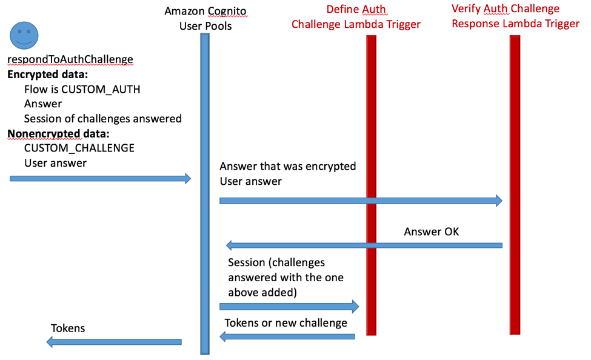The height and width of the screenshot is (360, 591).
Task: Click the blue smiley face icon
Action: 23,36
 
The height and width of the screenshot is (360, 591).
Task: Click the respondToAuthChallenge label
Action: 70,59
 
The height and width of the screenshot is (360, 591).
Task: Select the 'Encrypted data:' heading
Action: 47,75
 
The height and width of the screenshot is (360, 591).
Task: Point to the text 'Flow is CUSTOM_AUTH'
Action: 82,89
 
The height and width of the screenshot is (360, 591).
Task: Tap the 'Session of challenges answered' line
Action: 102,119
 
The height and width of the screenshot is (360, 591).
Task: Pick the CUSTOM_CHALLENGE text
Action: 79,148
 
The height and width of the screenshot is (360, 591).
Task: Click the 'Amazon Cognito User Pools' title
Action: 205,18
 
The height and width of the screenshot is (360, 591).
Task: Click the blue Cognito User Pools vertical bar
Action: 205,194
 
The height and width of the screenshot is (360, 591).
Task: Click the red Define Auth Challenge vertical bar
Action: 372,182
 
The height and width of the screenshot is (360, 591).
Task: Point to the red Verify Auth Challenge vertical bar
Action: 515,182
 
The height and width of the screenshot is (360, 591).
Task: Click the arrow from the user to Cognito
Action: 100,178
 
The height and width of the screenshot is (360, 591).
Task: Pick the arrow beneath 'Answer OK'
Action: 364,245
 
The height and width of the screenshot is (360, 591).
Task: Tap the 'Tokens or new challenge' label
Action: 285,322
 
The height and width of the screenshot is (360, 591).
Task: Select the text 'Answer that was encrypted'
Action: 287,166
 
